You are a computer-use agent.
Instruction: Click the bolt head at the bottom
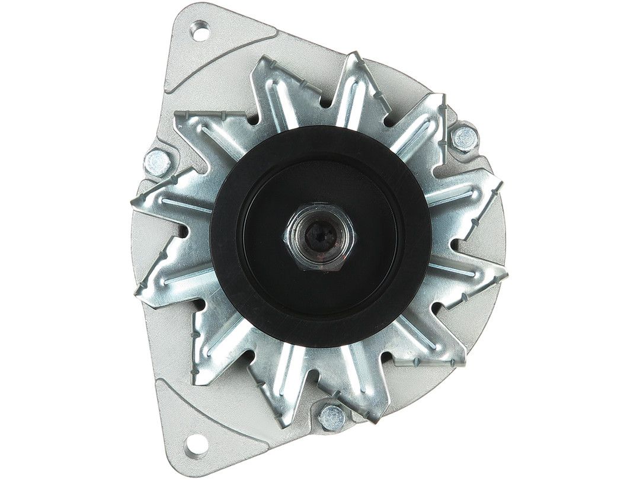(332, 418)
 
